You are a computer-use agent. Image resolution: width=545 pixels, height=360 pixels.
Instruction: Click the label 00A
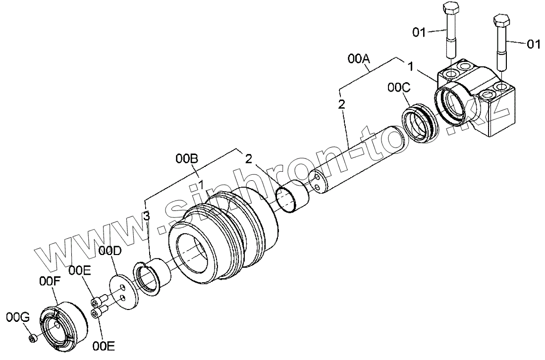click(x=359, y=59)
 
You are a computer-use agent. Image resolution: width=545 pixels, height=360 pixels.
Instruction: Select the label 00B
click(x=187, y=159)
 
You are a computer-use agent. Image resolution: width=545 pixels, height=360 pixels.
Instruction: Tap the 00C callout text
click(x=399, y=87)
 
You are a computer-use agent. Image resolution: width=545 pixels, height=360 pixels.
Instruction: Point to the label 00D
click(x=109, y=251)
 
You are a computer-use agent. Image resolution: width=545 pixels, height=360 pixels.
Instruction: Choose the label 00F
click(x=50, y=281)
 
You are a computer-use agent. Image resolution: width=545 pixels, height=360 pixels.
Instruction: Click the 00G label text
click(x=16, y=316)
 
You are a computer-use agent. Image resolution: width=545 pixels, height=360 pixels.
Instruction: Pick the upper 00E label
click(x=79, y=270)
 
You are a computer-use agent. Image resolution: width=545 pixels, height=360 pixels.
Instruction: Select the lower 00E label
click(x=104, y=346)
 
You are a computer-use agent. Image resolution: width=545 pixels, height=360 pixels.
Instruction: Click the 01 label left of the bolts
click(x=420, y=33)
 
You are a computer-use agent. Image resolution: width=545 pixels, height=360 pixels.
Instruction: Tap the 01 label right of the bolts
click(x=533, y=45)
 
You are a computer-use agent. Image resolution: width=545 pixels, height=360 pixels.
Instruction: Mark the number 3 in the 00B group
click(x=146, y=215)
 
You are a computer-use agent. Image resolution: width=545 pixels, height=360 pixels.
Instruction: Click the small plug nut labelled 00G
click(x=32, y=338)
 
